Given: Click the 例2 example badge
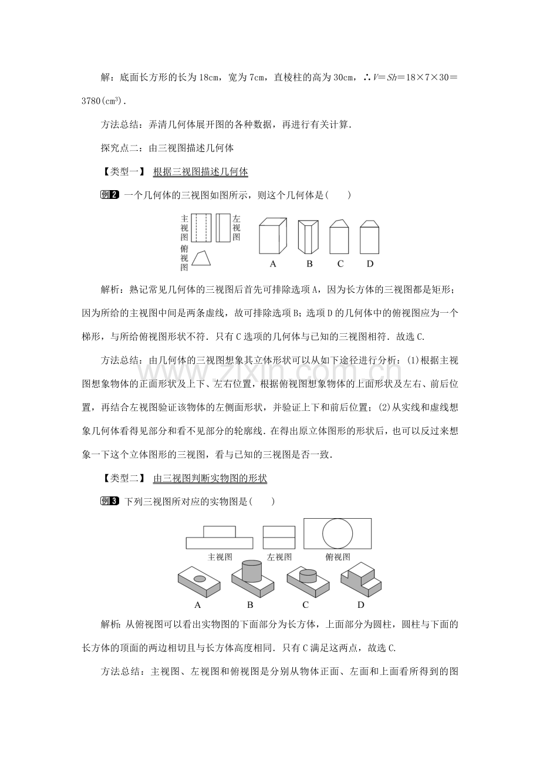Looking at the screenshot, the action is click(110, 195).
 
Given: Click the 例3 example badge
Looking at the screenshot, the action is click(110, 501).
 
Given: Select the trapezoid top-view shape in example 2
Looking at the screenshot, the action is click(201, 258).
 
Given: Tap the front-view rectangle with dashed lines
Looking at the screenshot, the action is click(201, 228).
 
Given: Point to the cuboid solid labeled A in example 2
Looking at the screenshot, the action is click(273, 236).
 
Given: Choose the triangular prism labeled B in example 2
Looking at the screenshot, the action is click(308, 237).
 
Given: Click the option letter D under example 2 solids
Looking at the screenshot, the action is click(370, 263).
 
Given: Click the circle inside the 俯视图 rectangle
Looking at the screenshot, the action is click(338, 534).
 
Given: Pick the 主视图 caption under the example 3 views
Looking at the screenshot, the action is click(220, 557).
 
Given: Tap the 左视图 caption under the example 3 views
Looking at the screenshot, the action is click(279, 557).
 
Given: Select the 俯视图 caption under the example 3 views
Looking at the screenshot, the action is click(338, 557).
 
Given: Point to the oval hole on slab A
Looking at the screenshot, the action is click(200, 579).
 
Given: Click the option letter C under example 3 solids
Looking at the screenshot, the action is click(305, 605).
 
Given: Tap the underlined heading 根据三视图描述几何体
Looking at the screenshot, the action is click(201, 171).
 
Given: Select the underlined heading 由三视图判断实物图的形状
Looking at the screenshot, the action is click(210, 478).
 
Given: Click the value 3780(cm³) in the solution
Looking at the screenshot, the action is click(104, 102).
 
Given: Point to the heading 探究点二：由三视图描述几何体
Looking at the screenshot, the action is click(167, 148).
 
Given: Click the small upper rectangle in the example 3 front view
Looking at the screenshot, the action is click(220, 532).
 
